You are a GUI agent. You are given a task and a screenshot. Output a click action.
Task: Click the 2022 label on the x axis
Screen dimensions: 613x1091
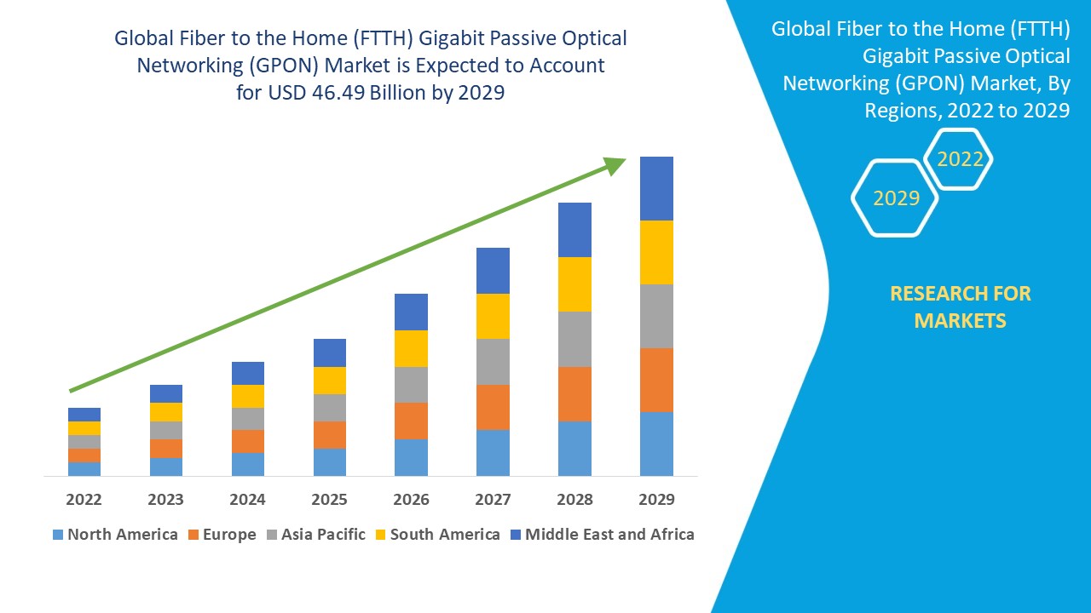[84, 499]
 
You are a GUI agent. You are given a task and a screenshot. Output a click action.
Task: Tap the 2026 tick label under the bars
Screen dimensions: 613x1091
[411, 499]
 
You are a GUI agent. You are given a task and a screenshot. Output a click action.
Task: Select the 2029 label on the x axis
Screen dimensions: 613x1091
[656, 499]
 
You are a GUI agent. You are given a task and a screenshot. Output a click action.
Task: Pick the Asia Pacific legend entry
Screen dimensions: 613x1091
[316, 535]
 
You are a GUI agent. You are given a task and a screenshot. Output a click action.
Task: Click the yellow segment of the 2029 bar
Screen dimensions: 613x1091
[656, 252]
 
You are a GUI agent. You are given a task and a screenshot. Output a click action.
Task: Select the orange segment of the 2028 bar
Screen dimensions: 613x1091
[574, 393]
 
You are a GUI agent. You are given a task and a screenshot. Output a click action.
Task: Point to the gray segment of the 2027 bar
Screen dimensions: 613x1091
[493, 362]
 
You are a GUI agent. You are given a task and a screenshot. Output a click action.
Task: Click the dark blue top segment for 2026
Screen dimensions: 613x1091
[411, 312]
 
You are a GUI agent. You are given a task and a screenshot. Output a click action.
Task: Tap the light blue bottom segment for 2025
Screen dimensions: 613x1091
[329, 461]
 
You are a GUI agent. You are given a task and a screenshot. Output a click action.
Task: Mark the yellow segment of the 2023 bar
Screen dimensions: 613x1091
[165, 411]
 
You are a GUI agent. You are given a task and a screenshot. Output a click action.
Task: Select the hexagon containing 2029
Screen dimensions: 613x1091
[895, 198]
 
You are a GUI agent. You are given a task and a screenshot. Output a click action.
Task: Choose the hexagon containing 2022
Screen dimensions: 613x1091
[960, 159]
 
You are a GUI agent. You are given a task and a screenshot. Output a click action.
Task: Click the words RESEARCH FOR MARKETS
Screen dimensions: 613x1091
[960, 306]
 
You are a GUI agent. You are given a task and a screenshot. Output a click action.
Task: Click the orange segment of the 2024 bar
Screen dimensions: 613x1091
[247, 441]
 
